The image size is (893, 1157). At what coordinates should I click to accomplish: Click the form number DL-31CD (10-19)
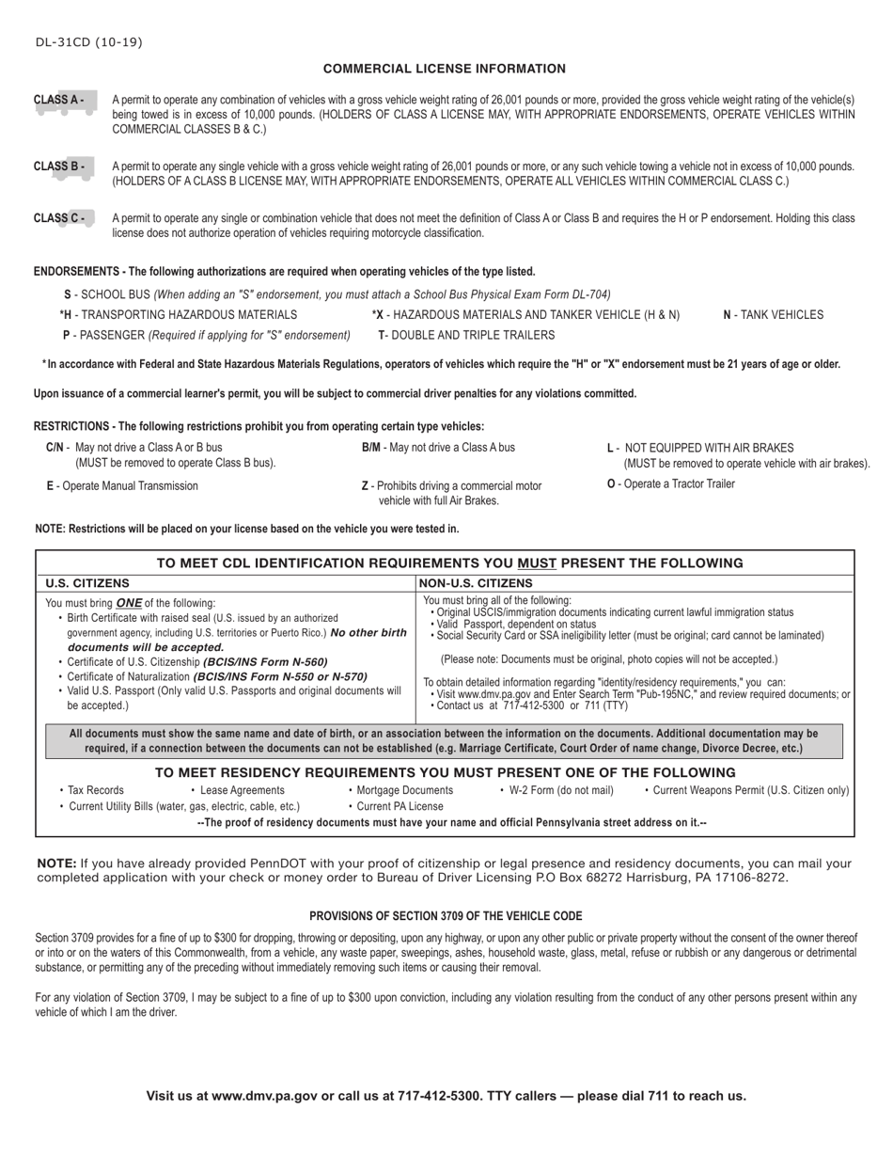(89, 42)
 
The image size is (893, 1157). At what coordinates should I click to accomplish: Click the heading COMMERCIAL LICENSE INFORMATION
(445, 69)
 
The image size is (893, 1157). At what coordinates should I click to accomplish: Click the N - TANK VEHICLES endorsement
(773, 315)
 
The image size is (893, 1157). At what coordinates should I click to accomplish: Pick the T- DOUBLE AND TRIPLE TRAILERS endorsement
(466, 335)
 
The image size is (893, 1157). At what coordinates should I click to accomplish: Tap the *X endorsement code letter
(377, 315)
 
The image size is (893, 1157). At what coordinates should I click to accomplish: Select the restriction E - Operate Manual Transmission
(122, 486)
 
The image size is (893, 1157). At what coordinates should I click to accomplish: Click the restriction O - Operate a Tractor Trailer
(671, 484)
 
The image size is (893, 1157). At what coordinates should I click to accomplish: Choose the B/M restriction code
(371, 448)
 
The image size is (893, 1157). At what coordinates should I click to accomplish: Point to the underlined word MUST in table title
(537, 563)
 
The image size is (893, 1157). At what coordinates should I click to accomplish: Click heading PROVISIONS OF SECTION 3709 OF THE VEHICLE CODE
(446, 916)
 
